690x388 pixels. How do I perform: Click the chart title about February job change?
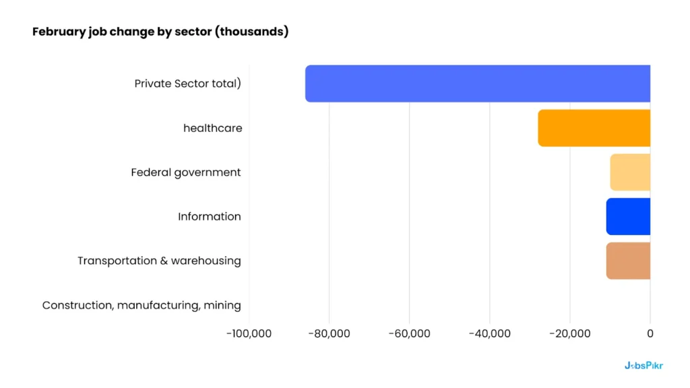160,32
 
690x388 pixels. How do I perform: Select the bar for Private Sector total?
478,84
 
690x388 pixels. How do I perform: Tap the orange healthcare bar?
594,128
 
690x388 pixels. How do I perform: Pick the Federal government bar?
630,172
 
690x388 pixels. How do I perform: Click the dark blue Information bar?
628,216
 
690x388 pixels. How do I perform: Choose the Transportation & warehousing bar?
628,261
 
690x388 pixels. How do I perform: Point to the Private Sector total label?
187,84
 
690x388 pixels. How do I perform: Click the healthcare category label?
212,128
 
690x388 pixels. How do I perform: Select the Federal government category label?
186,172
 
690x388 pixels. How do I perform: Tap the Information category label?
210,216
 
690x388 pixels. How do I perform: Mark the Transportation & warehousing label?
159,261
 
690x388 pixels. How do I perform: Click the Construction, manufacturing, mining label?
142,305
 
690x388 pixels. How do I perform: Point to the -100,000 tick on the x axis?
249,333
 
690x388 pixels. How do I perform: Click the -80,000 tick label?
329,333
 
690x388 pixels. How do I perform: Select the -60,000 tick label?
409,333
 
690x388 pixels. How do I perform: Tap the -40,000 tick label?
489,333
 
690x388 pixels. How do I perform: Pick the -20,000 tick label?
569,333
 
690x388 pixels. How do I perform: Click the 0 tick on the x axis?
650,333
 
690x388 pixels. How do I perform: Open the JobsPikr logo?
644,366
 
